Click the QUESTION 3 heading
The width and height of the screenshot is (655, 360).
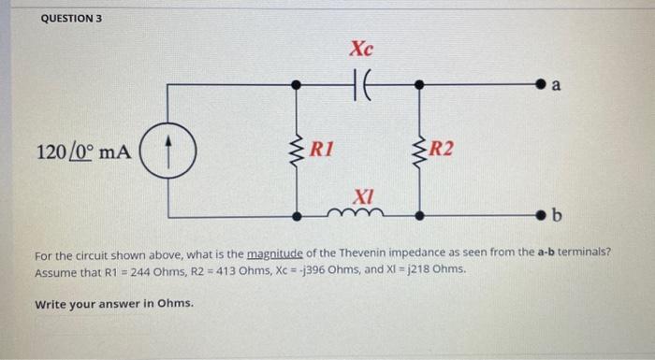[71, 19]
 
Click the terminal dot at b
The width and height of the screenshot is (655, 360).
[540, 217]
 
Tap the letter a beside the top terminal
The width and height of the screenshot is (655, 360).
[557, 86]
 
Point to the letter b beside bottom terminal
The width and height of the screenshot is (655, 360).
[557, 218]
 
